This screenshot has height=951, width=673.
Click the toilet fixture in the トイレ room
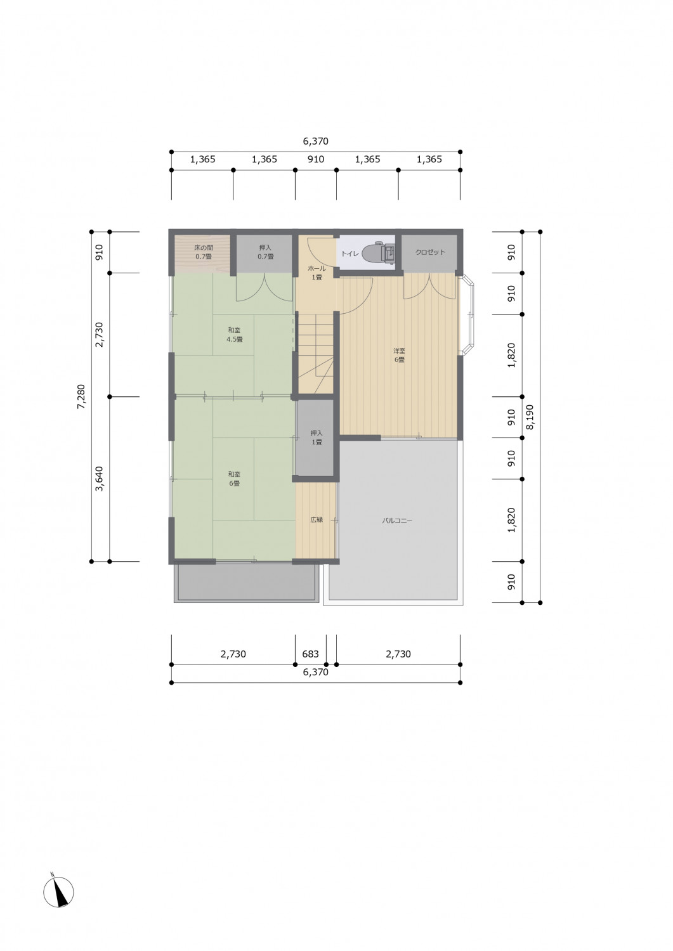(x=381, y=252)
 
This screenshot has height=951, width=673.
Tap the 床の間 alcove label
(x=204, y=252)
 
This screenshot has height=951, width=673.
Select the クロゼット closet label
(x=431, y=252)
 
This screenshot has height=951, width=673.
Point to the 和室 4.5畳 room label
(x=235, y=335)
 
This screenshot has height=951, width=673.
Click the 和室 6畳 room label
(x=234, y=479)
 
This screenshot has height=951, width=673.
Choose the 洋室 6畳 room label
(x=399, y=355)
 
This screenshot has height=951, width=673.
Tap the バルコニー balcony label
(x=397, y=521)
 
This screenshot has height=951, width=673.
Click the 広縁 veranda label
(x=317, y=519)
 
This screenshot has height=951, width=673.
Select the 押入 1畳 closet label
(x=317, y=437)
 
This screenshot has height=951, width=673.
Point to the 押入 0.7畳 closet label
(x=266, y=252)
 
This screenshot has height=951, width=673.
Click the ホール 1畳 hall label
(x=317, y=273)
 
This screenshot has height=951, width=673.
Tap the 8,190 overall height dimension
(x=530, y=417)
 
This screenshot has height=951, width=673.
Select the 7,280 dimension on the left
(x=81, y=396)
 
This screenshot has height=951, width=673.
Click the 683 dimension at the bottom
(x=311, y=654)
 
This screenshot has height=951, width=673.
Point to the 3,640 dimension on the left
(x=100, y=479)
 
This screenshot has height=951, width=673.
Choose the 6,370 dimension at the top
(x=316, y=141)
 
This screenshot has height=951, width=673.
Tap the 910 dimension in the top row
(x=316, y=160)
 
